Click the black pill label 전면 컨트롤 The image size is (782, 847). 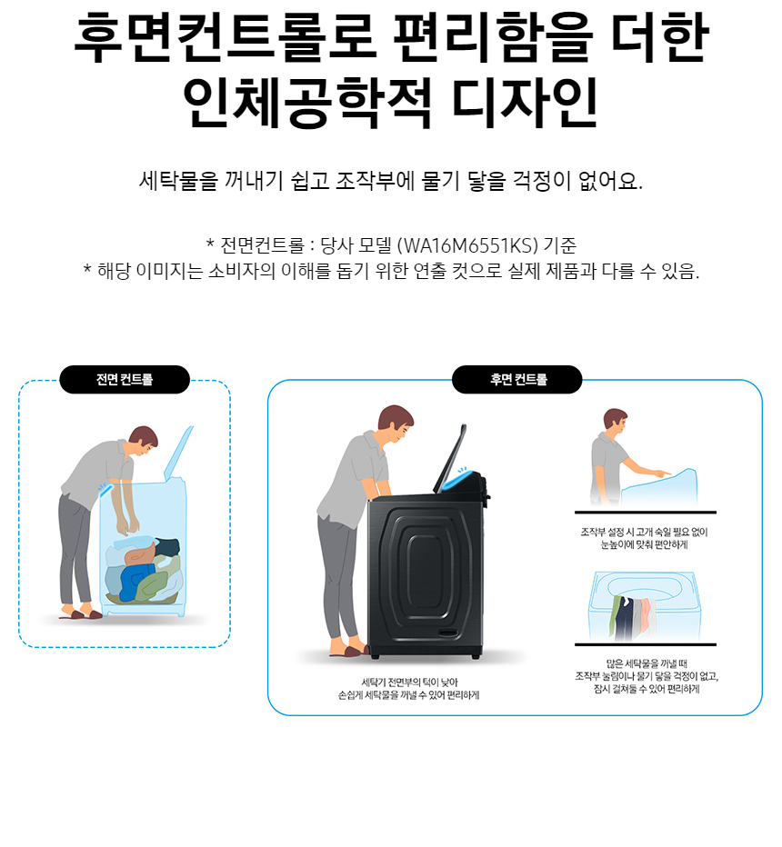pos(125,379)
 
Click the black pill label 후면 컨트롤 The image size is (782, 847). pos(516,379)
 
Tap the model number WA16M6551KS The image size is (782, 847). pos(467,245)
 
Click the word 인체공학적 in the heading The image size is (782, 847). pos(306,103)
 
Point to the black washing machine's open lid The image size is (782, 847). pos(449,458)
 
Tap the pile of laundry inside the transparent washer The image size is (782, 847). pos(143,570)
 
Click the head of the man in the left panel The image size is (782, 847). pos(143,440)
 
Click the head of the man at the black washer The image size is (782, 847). pos(396,423)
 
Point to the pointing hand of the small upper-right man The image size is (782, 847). pos(661,473)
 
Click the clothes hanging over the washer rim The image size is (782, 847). pos(632,616)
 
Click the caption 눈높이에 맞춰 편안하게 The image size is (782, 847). pos(644,545)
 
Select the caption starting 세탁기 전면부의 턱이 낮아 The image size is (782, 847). pos(408,689)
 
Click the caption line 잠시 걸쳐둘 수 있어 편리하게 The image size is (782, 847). pos(647,689)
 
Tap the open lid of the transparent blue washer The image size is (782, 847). pos(178,453)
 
